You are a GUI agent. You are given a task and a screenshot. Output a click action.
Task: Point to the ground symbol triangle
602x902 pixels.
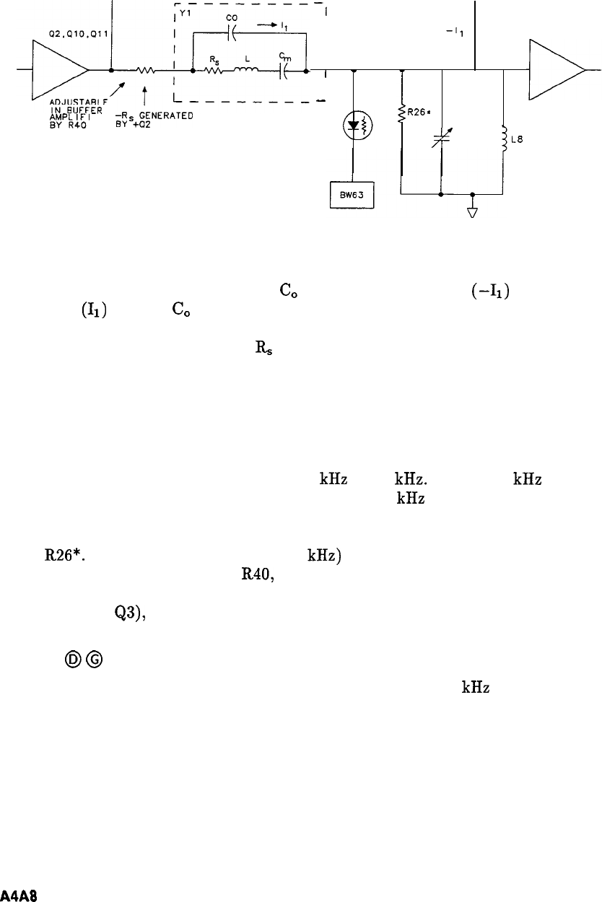click(471, 212)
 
